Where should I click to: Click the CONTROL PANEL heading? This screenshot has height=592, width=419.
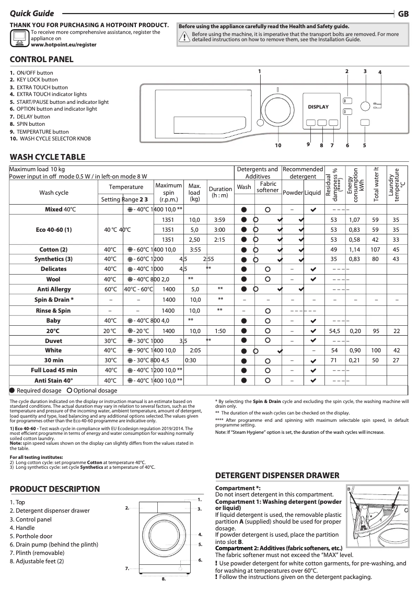(42, 60)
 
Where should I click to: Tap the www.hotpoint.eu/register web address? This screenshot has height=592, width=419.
(64, 45)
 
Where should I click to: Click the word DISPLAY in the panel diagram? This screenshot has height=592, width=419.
(318, 107)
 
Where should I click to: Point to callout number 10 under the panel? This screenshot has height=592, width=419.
(278, 145)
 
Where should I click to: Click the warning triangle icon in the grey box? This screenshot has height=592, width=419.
(185, 37)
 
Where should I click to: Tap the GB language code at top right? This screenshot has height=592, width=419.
(403, 14)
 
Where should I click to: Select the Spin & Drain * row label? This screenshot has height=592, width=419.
(53, 300)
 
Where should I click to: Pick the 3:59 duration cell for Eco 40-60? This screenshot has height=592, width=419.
(220, 220)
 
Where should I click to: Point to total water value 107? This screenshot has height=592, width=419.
(376, 250)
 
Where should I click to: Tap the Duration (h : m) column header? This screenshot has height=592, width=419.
(220, 192)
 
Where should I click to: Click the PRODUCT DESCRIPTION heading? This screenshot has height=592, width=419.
(55, 489)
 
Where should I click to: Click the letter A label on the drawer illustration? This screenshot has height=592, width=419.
(399, 488)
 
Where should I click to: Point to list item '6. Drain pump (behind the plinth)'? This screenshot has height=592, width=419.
(54, 544)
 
